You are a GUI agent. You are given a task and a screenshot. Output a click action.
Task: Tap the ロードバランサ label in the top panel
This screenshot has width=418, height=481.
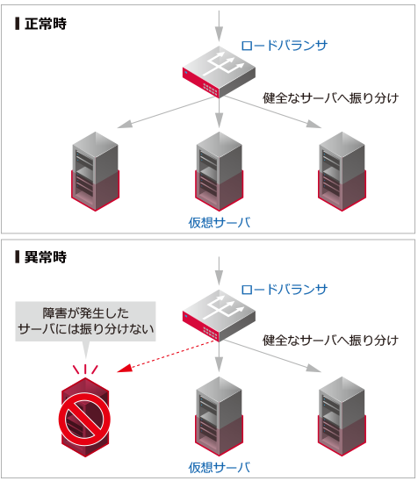285,46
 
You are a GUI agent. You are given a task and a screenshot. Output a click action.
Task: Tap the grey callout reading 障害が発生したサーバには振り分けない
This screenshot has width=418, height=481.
86,321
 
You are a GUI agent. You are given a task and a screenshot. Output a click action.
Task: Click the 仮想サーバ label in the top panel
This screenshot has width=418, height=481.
219,222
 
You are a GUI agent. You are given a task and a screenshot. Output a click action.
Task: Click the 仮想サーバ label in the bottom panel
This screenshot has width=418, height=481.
219,466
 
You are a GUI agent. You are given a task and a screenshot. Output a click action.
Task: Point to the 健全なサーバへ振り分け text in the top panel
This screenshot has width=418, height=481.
331,97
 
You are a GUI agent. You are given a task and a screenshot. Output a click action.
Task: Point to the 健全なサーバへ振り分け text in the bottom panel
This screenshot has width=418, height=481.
331,340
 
